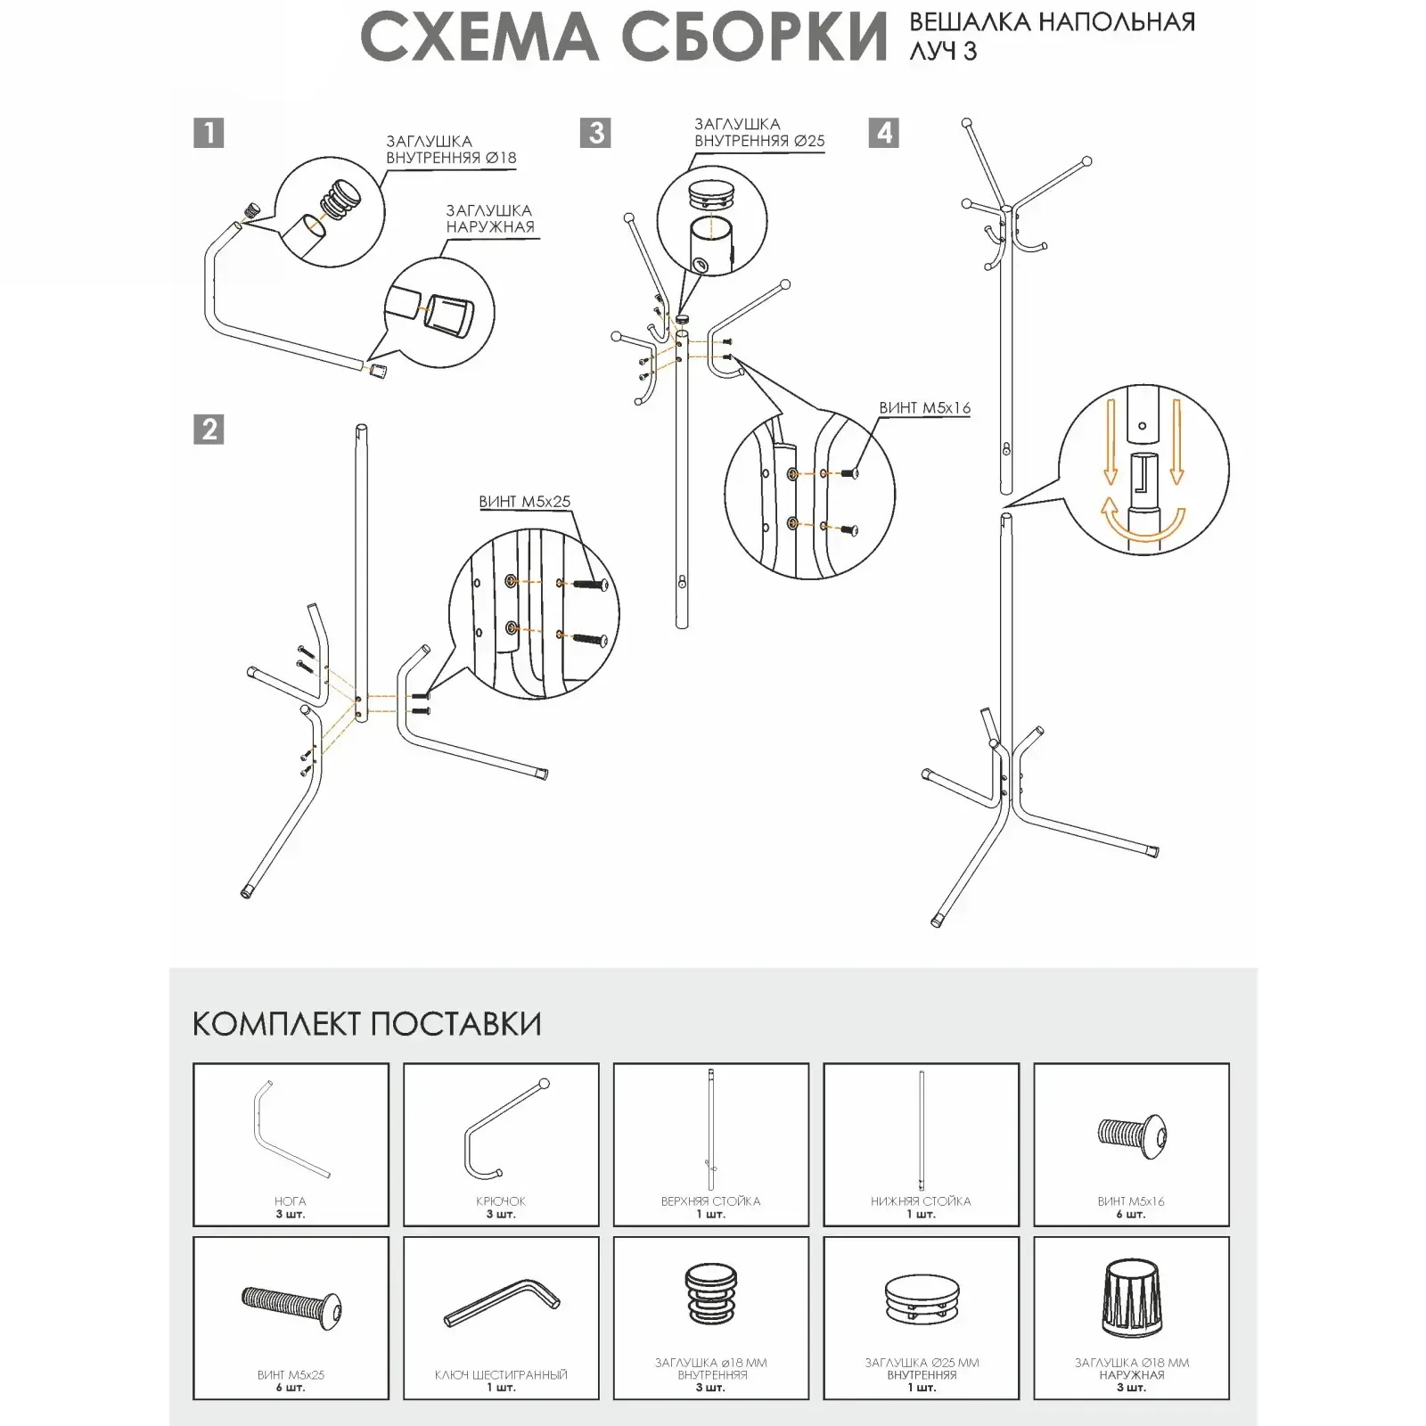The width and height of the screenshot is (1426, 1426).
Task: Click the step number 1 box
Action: [x=209, y=133]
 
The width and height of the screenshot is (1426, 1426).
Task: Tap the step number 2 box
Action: [x=209, y=430]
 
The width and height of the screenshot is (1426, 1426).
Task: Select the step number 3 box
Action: [x=595, y=133]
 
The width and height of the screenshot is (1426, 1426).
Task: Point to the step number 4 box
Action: [x=884, y=133]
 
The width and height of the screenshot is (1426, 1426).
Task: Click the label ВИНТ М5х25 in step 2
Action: [x=524, y=502]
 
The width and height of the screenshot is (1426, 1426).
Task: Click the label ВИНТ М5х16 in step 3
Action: [x=924, y=408]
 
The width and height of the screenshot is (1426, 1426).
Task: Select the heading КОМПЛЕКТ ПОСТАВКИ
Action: [x=366, y=1024]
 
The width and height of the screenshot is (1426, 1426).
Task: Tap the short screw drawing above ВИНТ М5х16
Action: [x=1131, y=1135]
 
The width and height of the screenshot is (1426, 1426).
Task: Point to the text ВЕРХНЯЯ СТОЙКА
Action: [x=710, y=1201]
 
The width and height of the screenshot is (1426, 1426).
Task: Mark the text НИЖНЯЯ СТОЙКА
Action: [x=921, y=1201]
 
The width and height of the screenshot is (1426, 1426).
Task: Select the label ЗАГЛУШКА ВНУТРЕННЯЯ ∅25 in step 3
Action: [x=759, y=133]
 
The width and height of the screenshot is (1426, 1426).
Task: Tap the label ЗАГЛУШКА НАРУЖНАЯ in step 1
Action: [x=489, y=218]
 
